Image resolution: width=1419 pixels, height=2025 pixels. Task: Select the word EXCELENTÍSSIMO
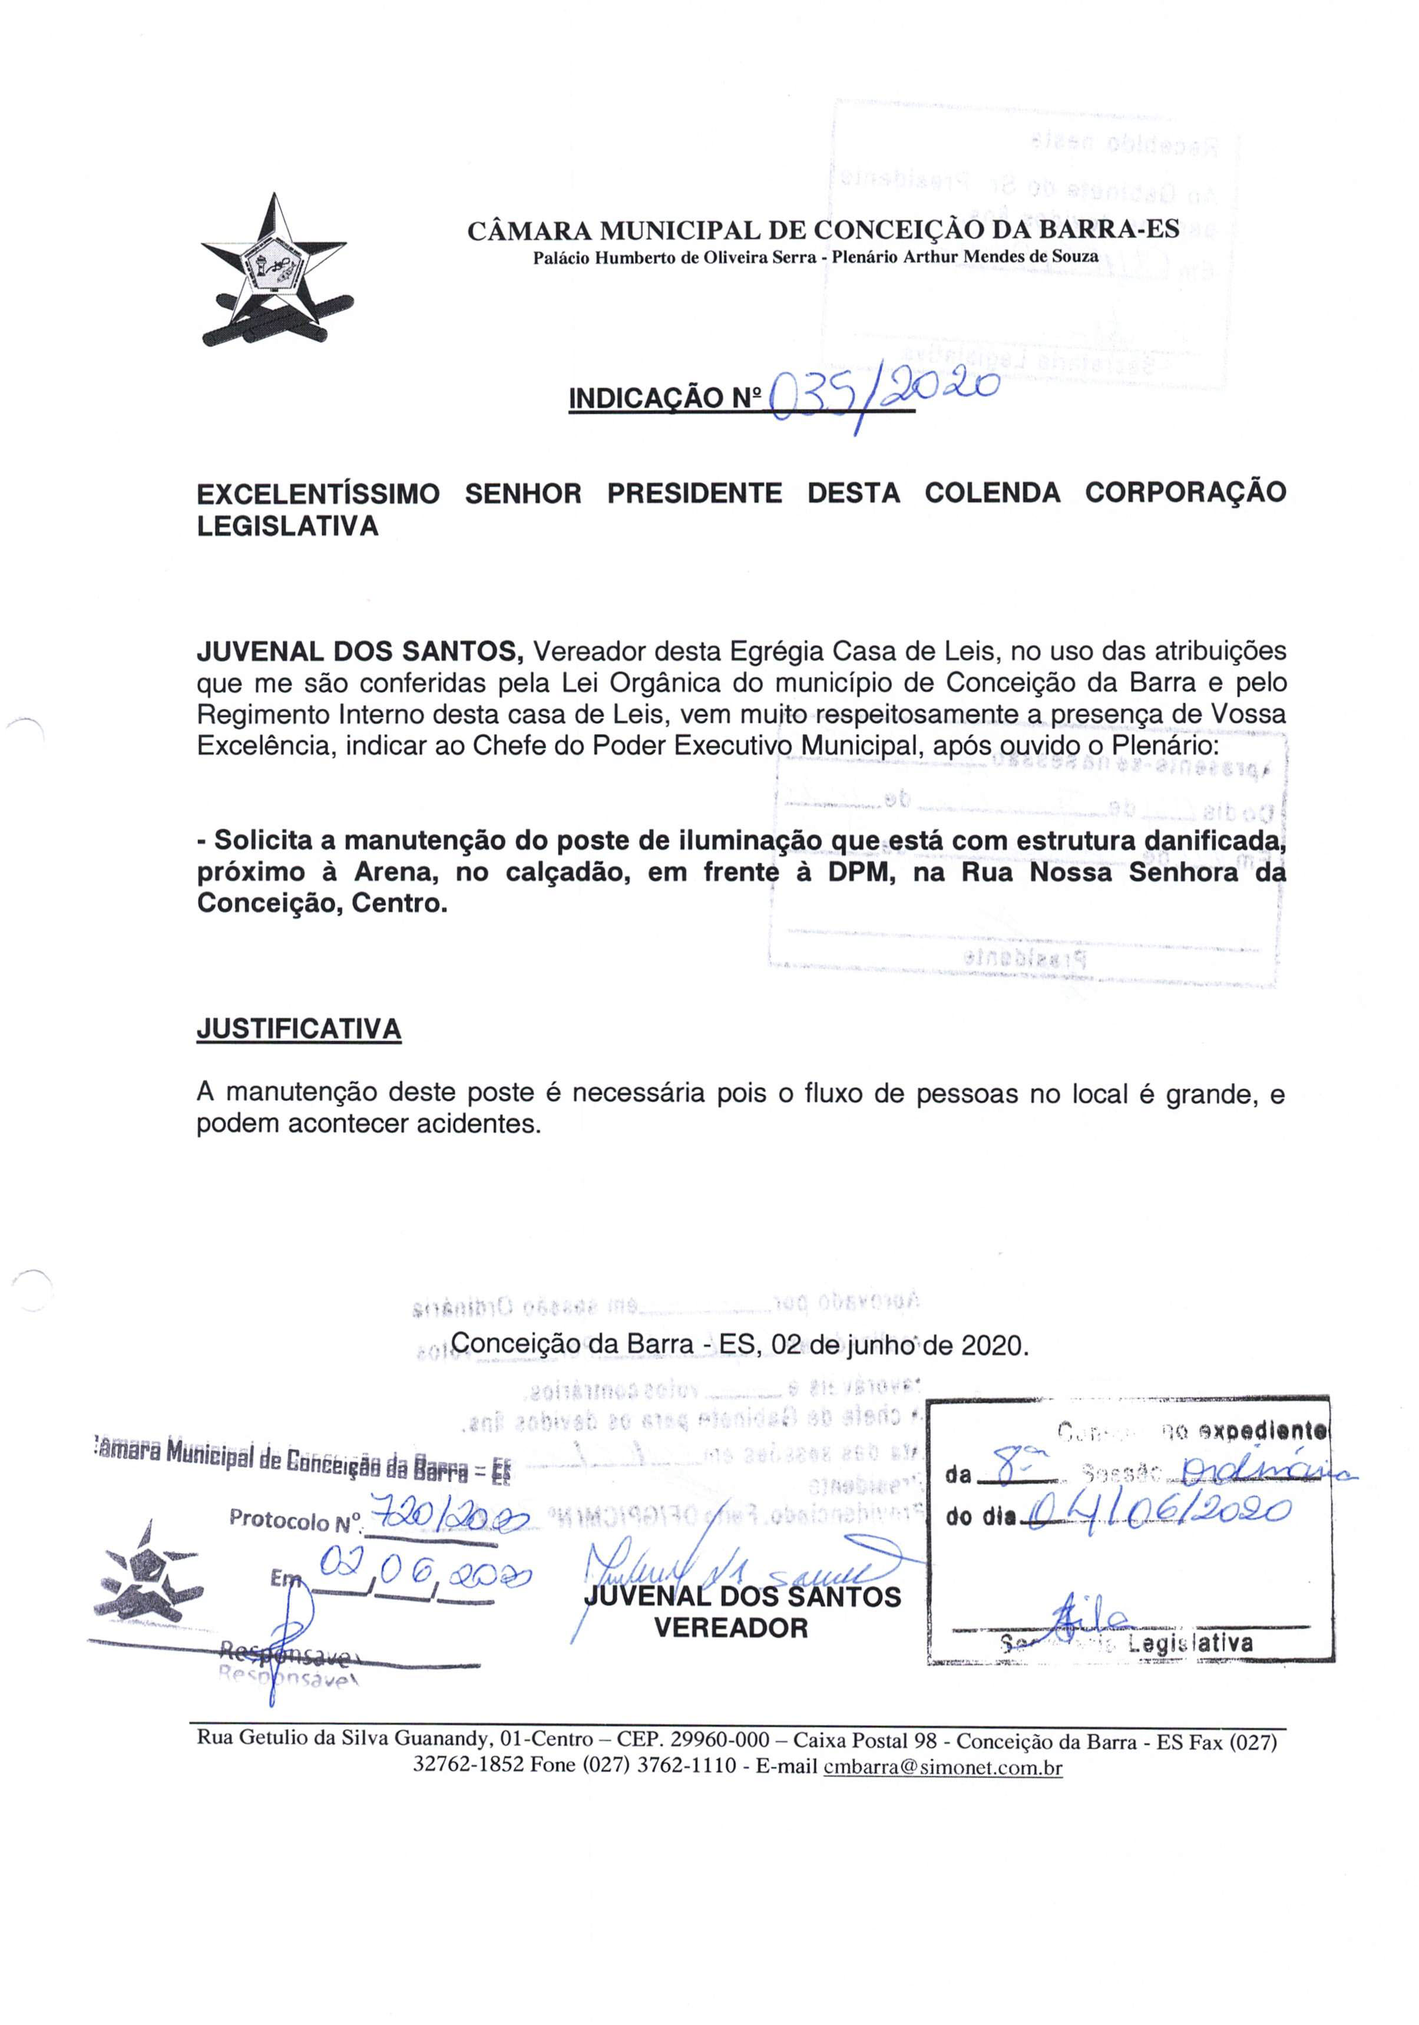point(317,493)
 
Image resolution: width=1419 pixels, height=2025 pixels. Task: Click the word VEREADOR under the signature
point(730,1627)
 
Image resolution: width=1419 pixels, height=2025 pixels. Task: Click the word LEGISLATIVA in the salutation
point(287,527)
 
